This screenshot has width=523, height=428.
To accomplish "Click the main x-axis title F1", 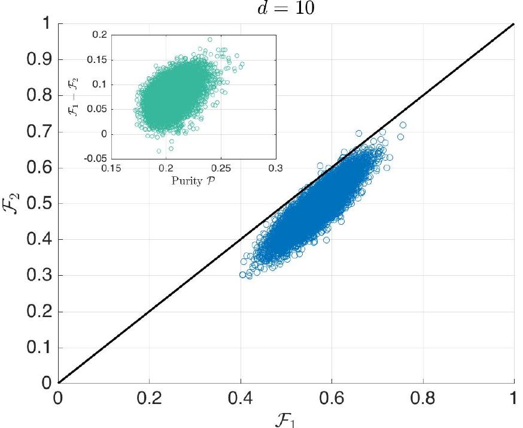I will pyautogui.click(x=286, y=417).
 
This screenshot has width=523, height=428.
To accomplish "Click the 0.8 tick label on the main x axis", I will pyautogui.click(x=423, y=397).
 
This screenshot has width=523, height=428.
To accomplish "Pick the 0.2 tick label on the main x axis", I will pyautogui.click(x=150, y=397).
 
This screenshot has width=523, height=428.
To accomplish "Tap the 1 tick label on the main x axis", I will pyautogui.click(x=514, y=397).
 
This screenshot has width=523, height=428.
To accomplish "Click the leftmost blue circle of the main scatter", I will pyautogui.click(x=243, y=275).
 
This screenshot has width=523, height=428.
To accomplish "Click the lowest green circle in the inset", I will pyautogui.click(x=159, y=151).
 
